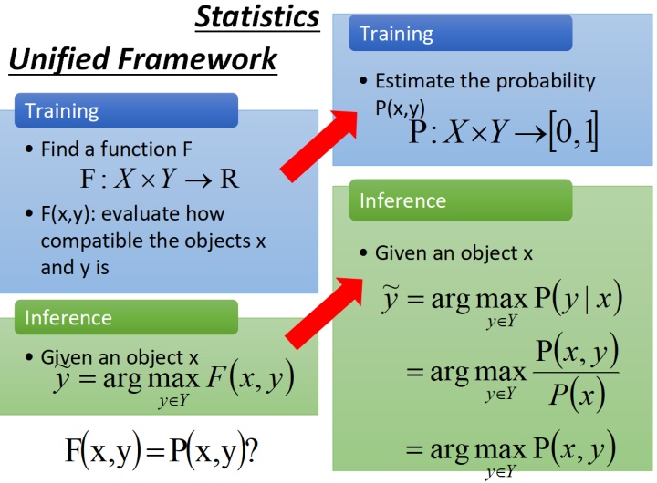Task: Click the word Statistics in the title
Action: point(257,17)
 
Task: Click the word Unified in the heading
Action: point(59,58)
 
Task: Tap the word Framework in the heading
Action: point(197,58)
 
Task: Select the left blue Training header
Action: point(126,110)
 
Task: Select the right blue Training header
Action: point(461,33)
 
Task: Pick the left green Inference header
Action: point(126,317)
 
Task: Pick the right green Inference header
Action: point(461,200)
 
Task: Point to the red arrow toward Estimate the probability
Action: point(319,146)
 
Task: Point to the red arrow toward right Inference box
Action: point(324,313)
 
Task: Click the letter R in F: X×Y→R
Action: point(230,180)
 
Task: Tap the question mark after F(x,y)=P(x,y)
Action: point(252,451)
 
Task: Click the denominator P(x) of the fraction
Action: point(577,395)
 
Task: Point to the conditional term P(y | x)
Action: point(579,298)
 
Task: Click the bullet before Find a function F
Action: point(29,149)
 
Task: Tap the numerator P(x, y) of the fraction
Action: point(577,350)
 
